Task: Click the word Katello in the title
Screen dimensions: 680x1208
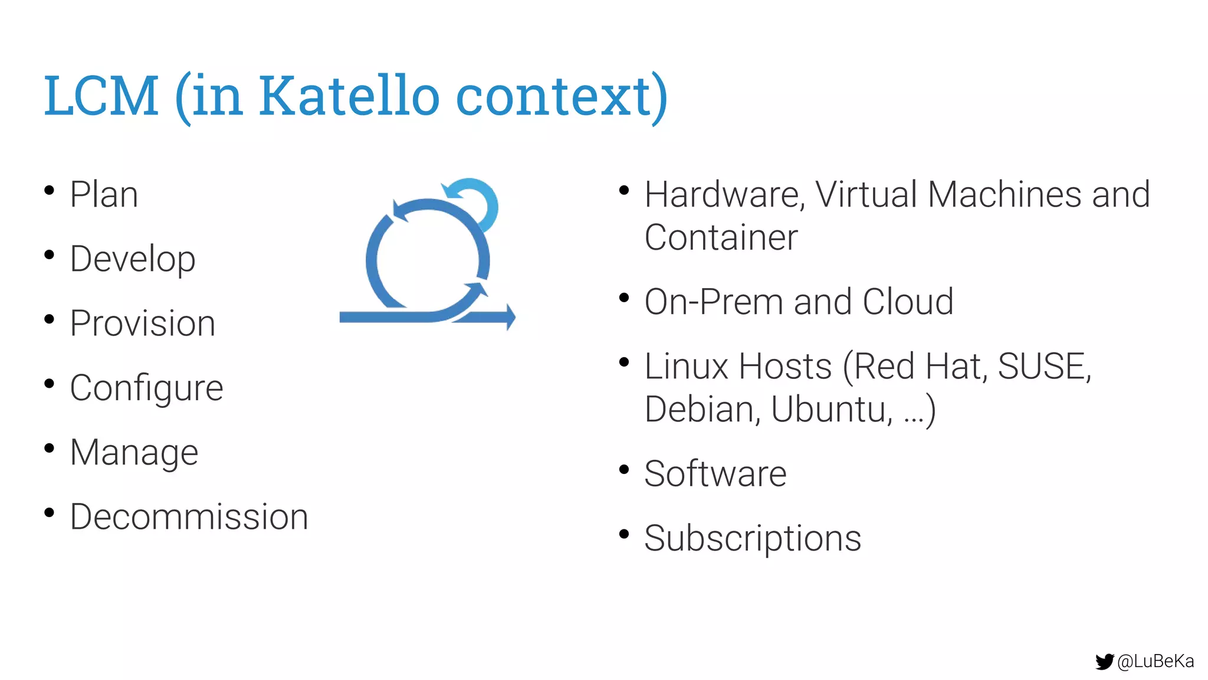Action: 349,96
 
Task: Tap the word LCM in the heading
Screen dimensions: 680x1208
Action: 101,96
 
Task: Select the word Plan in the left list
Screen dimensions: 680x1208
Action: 104,195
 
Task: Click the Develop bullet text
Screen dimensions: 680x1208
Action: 133,260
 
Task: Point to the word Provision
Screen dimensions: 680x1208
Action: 143,323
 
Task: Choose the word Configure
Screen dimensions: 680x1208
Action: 146,388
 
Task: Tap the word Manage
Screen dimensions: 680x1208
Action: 134,453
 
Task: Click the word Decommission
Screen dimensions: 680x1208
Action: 189,517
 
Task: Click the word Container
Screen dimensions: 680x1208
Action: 721,238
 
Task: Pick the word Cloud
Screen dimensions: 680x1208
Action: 908,302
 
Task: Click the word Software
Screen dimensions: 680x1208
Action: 715,474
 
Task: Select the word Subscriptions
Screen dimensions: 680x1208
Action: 753,538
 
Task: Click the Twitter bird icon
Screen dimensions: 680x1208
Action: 1104,662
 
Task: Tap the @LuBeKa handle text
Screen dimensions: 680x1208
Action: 1156,662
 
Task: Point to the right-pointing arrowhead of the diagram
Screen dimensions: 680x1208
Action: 510,317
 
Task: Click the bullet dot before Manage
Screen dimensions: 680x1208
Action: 50,448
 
